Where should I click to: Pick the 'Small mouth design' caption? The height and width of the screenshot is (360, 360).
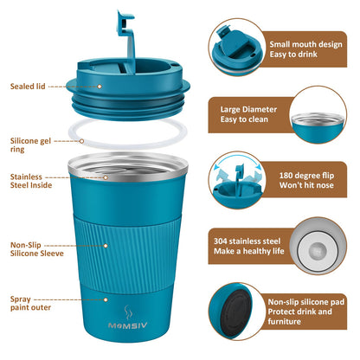pyautogui.click(x=305, y=50)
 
